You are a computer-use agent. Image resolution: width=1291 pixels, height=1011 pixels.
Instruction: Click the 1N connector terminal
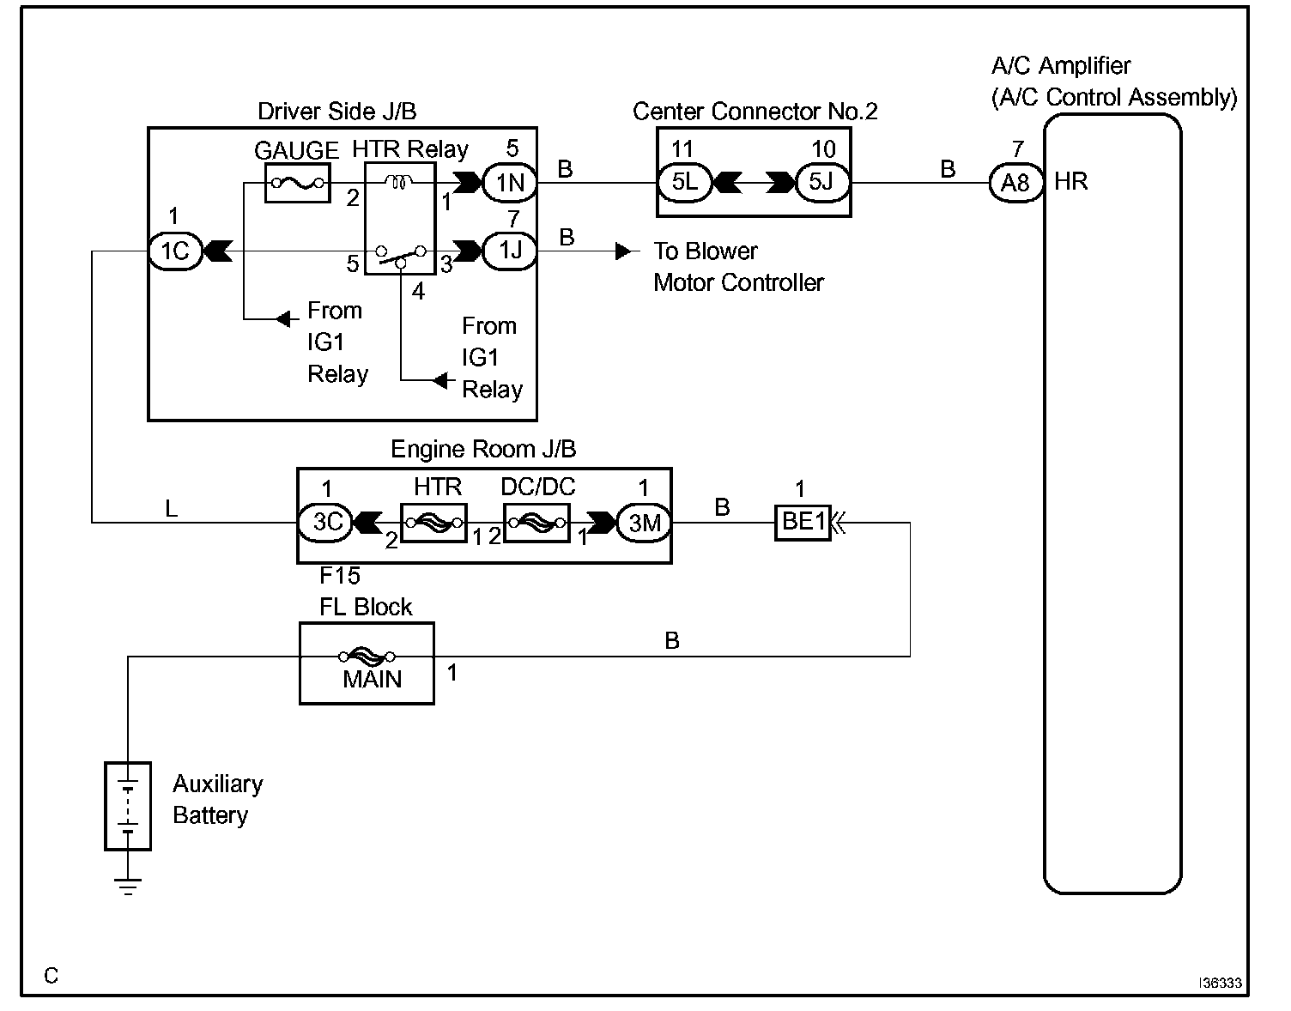[x=510, y=183]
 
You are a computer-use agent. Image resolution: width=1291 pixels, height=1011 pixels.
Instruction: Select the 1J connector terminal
[x=510, y=251]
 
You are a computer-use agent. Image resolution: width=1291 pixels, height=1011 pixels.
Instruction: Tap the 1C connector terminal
[x=175, y=251]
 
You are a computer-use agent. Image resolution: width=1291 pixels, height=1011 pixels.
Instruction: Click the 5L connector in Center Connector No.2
[x=684, y=183]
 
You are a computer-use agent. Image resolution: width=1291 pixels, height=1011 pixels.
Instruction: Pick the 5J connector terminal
[x=821, y=183]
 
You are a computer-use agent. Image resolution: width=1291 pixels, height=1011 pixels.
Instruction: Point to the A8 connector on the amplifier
[x=1015, y=183]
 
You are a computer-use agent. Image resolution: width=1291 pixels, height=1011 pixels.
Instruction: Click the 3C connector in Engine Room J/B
[x=325, y=522]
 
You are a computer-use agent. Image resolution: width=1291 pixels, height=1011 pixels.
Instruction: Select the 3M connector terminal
[x=644, y=522]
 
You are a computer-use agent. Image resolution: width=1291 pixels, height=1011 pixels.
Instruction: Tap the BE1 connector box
[x=803, y=522]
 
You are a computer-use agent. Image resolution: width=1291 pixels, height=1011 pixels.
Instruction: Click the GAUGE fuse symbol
[x=297, y=183]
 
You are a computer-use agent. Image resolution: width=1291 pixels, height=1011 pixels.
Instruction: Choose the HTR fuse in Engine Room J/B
[x=434, y=522]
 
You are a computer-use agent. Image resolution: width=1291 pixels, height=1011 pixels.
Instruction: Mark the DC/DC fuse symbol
[x=536, y=522]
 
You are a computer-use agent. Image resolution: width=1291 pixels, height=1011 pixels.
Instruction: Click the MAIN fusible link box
[x=367, y=663]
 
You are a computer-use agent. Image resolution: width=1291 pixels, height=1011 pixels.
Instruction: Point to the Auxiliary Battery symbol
[x=128, y=806]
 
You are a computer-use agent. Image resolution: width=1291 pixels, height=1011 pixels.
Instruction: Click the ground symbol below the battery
[x=128, y=886]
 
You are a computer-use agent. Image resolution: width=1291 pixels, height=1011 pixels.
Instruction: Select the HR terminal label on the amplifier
[x=1070, y=182]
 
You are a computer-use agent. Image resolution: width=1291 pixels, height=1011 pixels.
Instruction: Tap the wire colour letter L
[x=171, y=509]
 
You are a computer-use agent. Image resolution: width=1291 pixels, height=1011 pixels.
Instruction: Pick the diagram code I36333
[x=1221, y=984]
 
